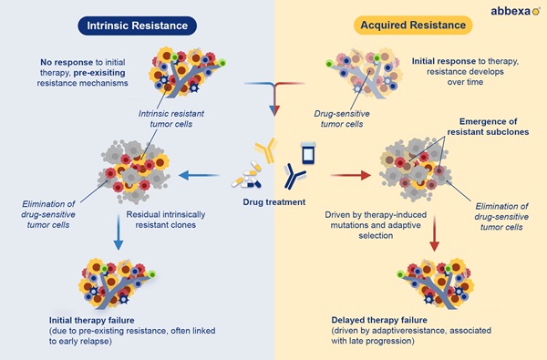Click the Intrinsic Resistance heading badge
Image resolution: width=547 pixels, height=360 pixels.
(137, 26)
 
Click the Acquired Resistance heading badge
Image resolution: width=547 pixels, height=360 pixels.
(413, 26)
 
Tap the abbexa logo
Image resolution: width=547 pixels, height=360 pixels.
(515, 11)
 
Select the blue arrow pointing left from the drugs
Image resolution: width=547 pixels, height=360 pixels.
(199, 175)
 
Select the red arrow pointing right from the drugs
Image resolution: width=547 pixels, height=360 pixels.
(351, 175)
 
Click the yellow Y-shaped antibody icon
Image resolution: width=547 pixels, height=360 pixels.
(266, 150)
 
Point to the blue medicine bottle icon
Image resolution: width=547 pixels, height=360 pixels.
(309, 153)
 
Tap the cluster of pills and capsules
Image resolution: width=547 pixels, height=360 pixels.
(247, 175)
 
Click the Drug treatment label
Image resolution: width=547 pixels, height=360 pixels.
(274, 202)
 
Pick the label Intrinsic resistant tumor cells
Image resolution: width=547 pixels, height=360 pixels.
(171, 118)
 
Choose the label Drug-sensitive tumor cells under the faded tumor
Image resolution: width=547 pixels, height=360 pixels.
(342, 118)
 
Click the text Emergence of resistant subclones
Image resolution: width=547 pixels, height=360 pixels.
(488, 127)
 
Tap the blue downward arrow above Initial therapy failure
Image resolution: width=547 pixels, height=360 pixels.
(119, 232)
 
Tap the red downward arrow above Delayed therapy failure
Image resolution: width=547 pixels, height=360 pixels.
(434, 233)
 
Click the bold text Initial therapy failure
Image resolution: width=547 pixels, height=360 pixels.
(91, 320)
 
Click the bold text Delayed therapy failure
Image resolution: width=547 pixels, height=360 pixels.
(379, 320)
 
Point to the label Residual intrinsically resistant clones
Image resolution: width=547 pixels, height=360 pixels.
(166, 220)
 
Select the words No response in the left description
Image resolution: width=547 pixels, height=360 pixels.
(67, 62)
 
